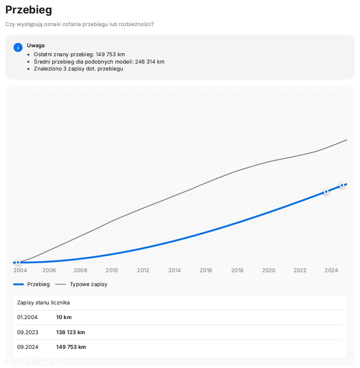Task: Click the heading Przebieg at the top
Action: coord(29,10)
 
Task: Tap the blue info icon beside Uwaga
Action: coord(18,47)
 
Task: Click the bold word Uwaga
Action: coord(36,45)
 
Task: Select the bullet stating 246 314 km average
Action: coord(99,62)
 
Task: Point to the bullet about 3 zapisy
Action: coord(78,68)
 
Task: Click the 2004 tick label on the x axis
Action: coord(20,270)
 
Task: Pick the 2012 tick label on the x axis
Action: coord(143,270)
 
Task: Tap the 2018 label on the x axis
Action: coord(237,270)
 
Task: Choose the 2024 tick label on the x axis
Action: coord(331,270)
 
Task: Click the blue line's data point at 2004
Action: coord(18,262)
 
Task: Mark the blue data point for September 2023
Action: coord(326,191)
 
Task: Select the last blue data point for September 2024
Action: coord(342,185)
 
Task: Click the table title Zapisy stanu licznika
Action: coord(43,302)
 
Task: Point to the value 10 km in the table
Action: coord(64,317)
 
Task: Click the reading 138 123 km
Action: coord(71,332)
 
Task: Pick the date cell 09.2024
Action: coord(28,347)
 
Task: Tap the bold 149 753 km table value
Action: coord(71,347)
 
